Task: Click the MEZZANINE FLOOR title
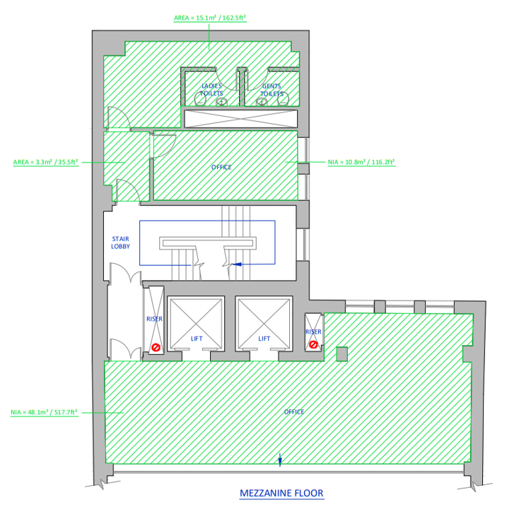(281, 493)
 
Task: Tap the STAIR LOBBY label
(120, 243)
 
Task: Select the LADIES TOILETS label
(211, 90)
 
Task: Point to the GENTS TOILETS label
(272, 90)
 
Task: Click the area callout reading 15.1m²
(210, 18)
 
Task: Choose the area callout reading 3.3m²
(46, 162)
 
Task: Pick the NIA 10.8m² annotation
(361, 162)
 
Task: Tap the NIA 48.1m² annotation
(45, 412)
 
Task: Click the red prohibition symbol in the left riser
(156, 347)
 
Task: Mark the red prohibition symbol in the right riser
(313, 345)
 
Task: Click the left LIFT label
(197, 339)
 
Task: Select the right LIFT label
(264, 339)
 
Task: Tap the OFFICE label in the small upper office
(221, 167)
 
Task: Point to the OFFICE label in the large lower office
(294, 412)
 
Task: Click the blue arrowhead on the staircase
(237, 264)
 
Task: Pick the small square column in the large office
(342, 354)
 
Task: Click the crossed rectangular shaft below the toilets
(241, 119)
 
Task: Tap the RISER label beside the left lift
(155, 319)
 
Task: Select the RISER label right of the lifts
(313, 332)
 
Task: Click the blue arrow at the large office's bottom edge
(280, 460)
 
